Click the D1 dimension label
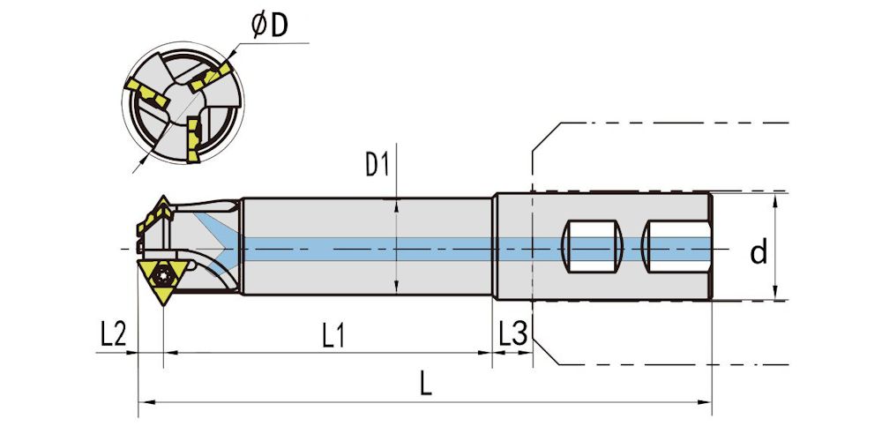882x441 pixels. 377,165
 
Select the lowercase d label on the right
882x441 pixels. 759,252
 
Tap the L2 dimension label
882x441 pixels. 114,334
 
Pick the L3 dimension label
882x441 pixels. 512,334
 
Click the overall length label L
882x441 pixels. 426,386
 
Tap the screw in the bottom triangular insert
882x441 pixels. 163,274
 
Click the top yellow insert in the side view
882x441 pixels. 161,212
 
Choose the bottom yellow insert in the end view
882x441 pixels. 193,139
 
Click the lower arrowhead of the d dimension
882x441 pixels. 774,295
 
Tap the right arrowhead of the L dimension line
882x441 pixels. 707,403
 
